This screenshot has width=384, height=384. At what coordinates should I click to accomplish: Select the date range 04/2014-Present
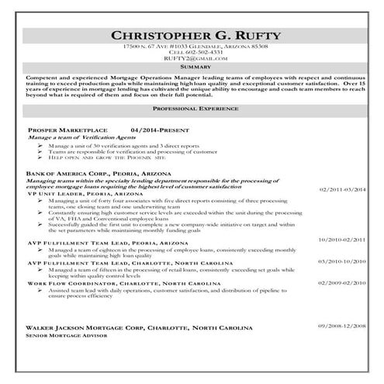coord(160,130)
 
